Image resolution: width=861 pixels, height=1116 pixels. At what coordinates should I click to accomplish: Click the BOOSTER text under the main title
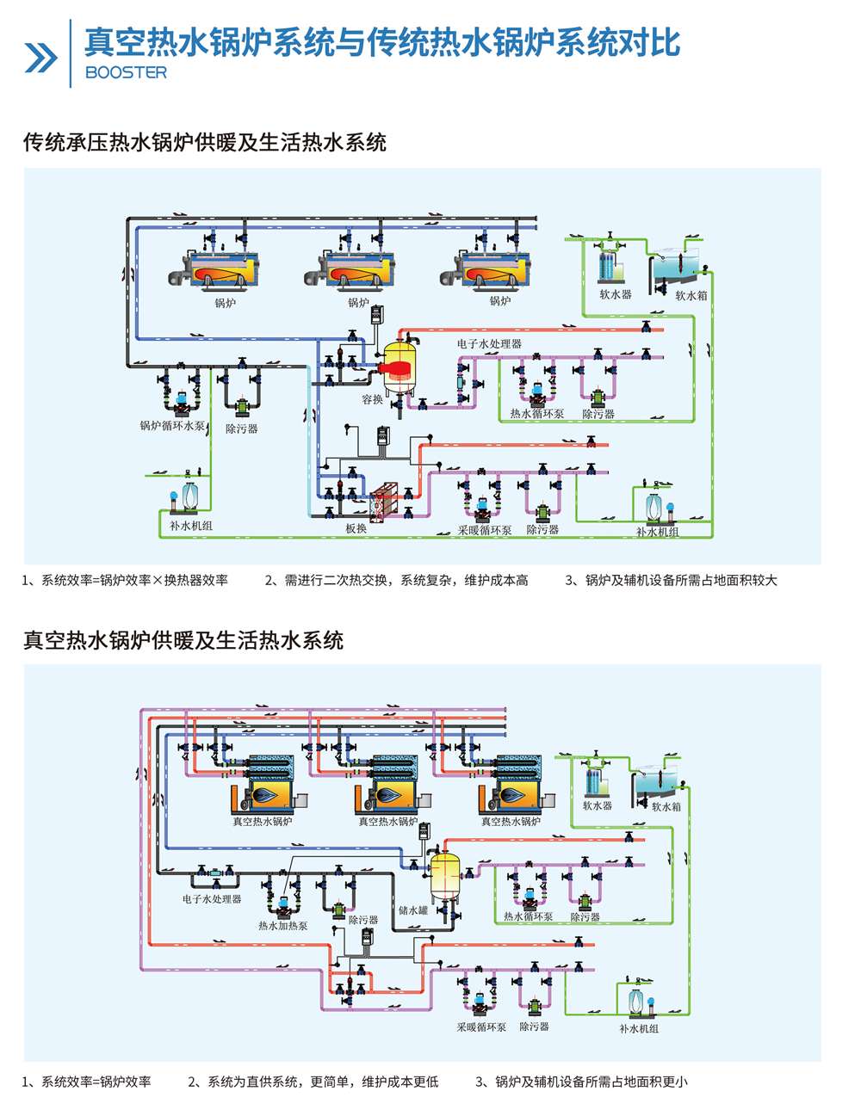click(126, 73)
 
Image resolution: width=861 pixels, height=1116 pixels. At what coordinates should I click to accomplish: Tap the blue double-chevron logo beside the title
click(40, 58)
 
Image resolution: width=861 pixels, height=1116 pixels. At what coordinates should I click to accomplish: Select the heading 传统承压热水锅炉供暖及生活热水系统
click(204, 142)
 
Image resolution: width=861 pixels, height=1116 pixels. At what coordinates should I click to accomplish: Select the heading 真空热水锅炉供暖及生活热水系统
click(183, 640)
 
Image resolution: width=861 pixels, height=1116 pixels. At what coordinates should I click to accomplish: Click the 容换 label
click(372, 399)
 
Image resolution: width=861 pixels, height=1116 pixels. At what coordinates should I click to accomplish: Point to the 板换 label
click(356, 528)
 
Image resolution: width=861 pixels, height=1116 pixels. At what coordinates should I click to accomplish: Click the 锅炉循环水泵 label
click(172, 426)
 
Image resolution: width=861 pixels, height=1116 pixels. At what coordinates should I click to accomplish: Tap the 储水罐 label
click(412, 910)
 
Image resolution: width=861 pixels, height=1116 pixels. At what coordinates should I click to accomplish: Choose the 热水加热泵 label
click(282, 926)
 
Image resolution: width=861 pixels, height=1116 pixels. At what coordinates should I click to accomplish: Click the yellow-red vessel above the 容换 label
click(400, 365)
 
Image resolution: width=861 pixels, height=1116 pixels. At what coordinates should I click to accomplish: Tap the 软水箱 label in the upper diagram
click(691, 295)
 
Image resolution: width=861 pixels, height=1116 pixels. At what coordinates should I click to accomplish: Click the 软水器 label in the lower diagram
click(597, 806)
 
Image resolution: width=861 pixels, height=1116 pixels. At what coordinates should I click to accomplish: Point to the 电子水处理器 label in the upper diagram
click(488, 343)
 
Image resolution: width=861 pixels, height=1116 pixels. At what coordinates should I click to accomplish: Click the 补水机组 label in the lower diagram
click(638, 1028)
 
